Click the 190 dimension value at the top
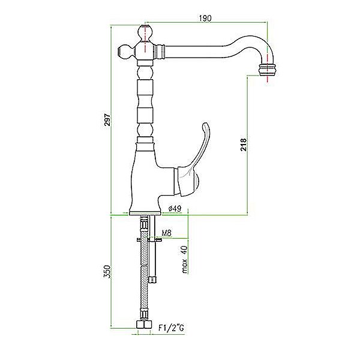(x=205, y=19)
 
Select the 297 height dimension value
(x=107, y=119)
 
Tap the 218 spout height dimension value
(x=244, y=145)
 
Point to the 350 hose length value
(x=107, y=272)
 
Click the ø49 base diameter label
(x=175, y=208)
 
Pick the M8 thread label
(x=167, y=233)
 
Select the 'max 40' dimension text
(x=185, y=259)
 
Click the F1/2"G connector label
(x=171, y=328)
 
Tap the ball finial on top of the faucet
(x=145, y=33)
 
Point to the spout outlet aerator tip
(x=268, y=70)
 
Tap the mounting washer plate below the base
(x=149, y=240)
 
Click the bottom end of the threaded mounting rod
(x=152, y=280)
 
